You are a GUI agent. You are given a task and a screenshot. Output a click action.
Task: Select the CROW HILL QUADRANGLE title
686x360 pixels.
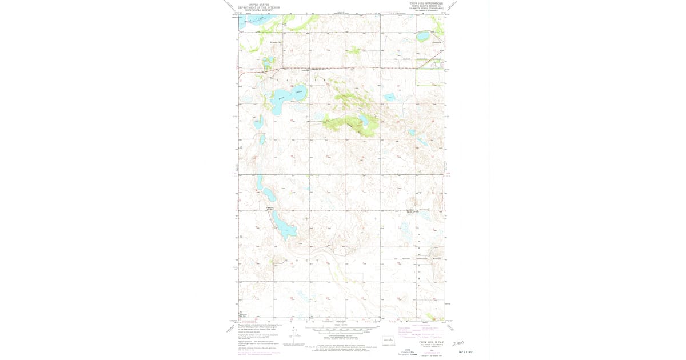coord(426,3)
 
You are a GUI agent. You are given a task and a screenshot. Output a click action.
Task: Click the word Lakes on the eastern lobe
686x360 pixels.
coord(298,90)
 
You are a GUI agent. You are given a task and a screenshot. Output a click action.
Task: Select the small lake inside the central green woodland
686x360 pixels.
coord(363,119)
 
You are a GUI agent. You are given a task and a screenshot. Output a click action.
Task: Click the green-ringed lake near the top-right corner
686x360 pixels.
coord(423,37)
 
